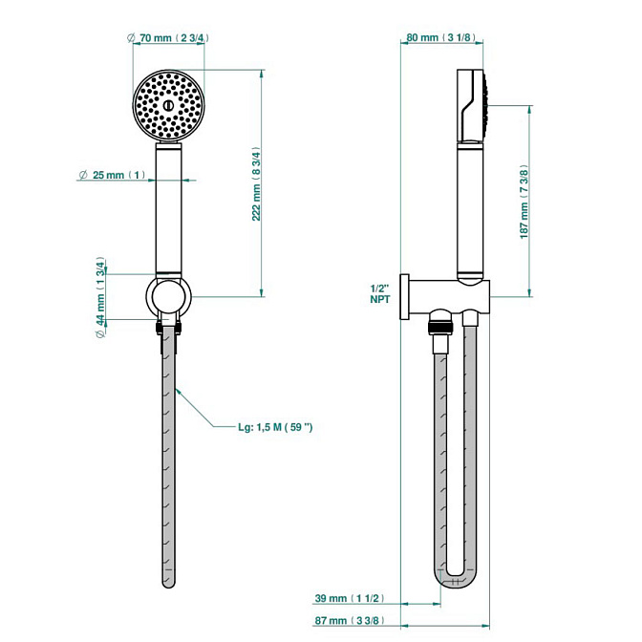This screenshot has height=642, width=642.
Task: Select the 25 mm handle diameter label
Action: (113, 176)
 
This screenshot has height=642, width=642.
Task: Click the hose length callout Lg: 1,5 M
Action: (275, 426)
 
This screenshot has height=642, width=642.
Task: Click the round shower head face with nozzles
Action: (169, 106)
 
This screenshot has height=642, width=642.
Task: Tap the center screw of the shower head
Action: (169, 104)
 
